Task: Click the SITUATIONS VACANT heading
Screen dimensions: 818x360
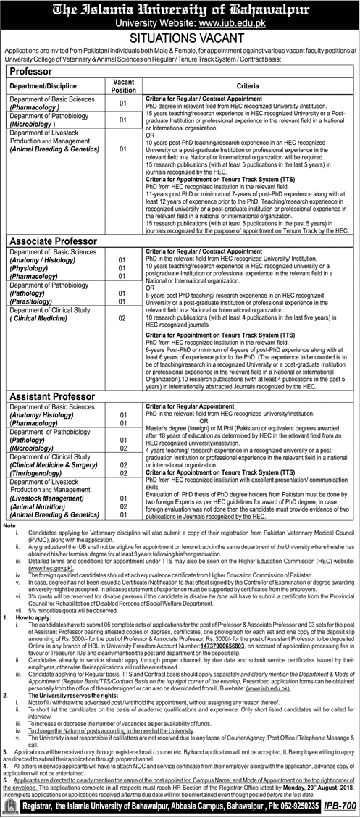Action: (x=180, y=38)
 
